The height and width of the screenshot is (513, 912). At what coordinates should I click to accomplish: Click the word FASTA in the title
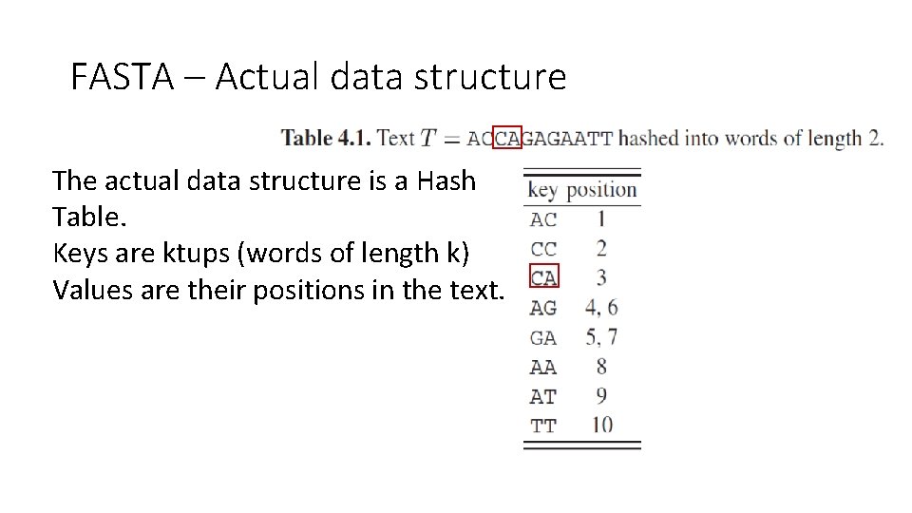(122, 77)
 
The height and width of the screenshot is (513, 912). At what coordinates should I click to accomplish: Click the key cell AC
(543, 219)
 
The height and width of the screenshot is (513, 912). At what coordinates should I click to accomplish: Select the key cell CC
(543, 249)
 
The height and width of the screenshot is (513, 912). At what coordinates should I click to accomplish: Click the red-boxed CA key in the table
(544, 277)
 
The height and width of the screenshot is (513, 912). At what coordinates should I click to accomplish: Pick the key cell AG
(543, 308)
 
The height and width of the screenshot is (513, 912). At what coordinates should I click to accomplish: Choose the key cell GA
(543, 337)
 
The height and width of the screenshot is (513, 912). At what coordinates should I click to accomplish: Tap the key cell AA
(543, 367)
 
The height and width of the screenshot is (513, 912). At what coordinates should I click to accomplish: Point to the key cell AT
(543, 396)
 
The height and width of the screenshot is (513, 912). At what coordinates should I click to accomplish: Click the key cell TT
(543, 426)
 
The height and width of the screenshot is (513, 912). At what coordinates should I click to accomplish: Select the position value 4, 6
(601, 308)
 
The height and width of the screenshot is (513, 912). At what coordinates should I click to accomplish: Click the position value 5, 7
(601, 337)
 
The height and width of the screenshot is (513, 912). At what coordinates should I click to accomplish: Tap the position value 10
(601, 426)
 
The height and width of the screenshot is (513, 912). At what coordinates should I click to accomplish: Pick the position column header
(601, 190)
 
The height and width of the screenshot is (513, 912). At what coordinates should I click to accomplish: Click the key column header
(541, 190)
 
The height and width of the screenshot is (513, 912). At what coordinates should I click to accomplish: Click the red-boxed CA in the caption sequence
(508, 139)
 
